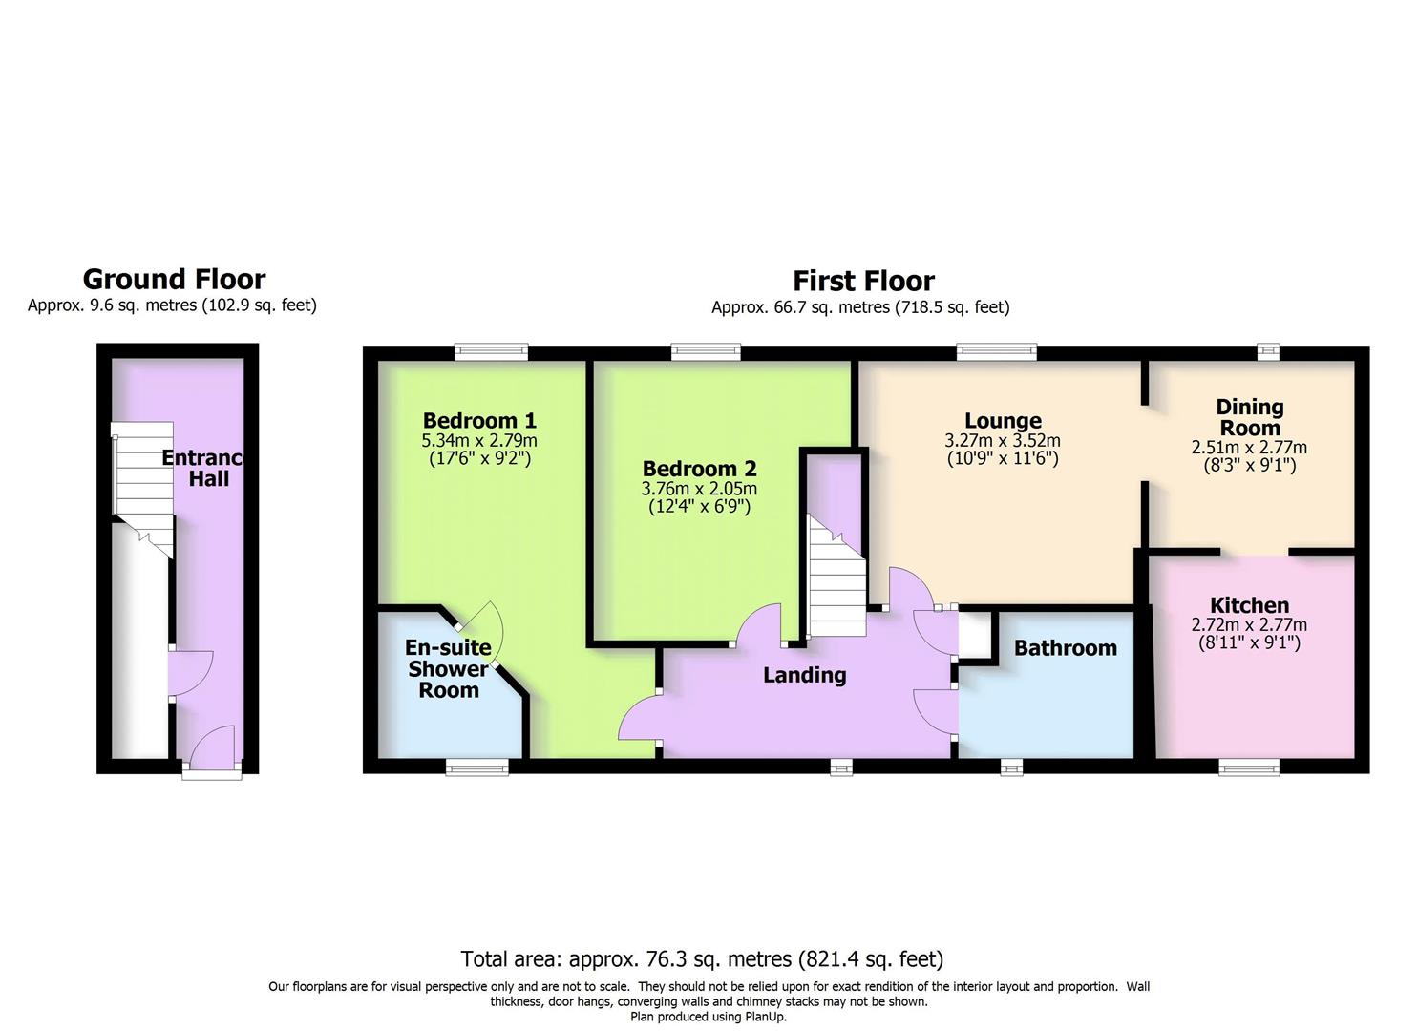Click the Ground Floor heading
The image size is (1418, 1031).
[174, 279]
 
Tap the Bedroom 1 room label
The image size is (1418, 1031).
[479, 420]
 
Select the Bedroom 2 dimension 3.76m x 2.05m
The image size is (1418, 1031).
[699, 489]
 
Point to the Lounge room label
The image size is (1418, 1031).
[1003, 421]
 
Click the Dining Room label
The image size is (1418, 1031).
[1250, 417]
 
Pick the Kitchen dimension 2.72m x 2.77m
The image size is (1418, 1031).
[1249, 624]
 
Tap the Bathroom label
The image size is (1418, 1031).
[1066, 648]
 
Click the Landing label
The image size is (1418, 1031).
[805, 675]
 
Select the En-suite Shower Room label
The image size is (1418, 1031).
[448, 668]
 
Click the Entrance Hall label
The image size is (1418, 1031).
[203, 468]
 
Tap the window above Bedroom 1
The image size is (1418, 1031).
[491, 351]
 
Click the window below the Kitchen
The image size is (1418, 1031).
[1250, 768]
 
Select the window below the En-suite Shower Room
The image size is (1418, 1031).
[477, 768]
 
